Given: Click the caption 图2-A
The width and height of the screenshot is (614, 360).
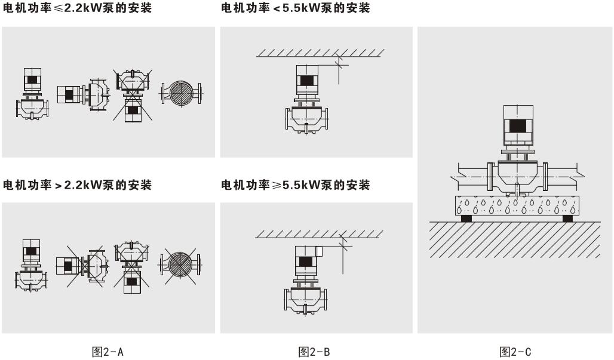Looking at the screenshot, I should click(108, 352).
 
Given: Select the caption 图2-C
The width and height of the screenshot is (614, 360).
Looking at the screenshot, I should click(515, 352).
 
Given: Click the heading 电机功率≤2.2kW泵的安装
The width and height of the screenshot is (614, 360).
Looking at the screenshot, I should click(77, 8).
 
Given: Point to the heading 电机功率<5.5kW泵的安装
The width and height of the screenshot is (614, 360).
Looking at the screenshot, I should click(295, 8).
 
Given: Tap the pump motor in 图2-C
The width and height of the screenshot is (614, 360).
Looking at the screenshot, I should click(518, 127).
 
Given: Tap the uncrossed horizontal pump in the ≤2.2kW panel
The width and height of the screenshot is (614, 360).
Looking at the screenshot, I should click(83, 94).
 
